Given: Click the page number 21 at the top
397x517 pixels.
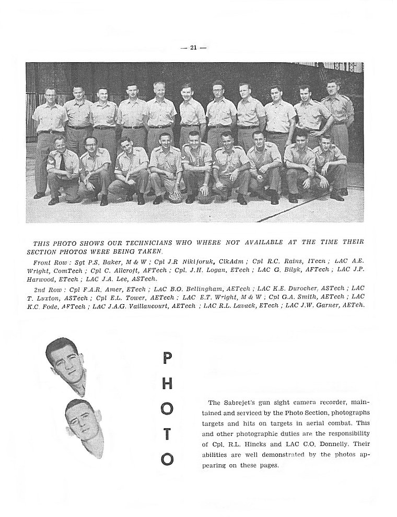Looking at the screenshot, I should [194, 48].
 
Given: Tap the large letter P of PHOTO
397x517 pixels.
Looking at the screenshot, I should [167, 359].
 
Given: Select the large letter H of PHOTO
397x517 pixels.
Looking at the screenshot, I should [167, 383].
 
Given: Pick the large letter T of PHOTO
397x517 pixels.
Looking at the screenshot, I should [167, 433].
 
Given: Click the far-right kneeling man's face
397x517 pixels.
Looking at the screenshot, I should [326, 142].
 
